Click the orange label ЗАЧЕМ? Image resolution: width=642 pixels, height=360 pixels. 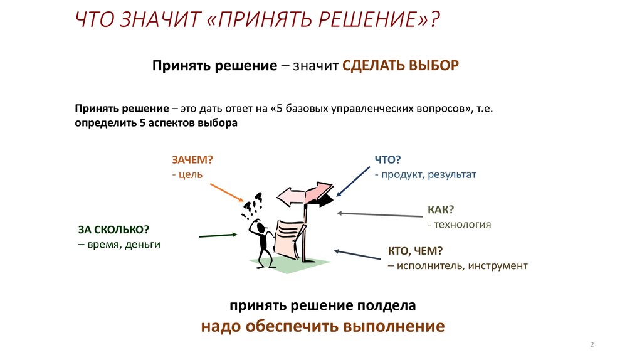point(192,160)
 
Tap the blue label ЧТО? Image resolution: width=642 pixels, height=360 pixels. point(387,160)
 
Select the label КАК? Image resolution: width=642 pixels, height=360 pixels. point(441,209)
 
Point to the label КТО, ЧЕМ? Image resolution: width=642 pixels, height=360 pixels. point(416,251)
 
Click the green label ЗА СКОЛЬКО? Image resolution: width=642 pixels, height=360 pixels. point(114,230)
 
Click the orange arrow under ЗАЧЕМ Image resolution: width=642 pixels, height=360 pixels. point(227,193)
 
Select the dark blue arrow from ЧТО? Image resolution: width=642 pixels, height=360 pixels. point(353,181)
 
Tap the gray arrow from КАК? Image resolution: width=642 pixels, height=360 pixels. point(379,214)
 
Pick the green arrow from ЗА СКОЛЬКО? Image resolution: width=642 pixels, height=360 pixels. point(218,235)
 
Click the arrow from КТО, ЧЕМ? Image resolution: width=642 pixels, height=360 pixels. point(357,255)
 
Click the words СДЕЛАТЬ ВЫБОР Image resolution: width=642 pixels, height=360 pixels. point(401,65)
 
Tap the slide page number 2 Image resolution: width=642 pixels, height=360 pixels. point(592,344)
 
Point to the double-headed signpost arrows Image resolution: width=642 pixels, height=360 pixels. point(305,194)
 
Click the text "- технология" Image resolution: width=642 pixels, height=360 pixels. point(459,225)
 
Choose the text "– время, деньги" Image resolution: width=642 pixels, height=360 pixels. point(119,245)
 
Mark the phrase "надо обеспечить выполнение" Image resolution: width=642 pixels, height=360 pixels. point(323,326)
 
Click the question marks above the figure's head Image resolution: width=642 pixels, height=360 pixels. point(252,205)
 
